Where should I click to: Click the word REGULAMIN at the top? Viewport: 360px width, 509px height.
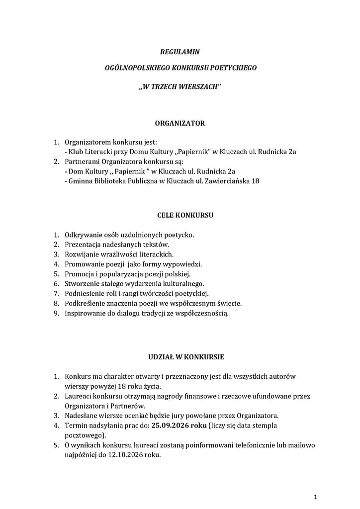(180, 52)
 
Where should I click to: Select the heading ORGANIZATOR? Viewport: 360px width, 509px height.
(180, 123)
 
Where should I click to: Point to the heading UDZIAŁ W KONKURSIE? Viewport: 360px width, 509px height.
(179, 357)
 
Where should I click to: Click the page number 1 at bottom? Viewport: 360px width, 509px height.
(316, 497)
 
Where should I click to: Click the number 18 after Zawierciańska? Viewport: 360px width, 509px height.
(255, 181)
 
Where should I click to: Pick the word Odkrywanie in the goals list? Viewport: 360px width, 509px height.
(82, 235)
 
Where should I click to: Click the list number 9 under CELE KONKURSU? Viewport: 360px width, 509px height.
(57, 313)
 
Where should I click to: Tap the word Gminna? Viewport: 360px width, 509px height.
(80, 181)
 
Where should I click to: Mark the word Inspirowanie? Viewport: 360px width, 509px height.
(85, 313)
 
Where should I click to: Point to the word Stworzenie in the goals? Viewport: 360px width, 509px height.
(83, 283)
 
